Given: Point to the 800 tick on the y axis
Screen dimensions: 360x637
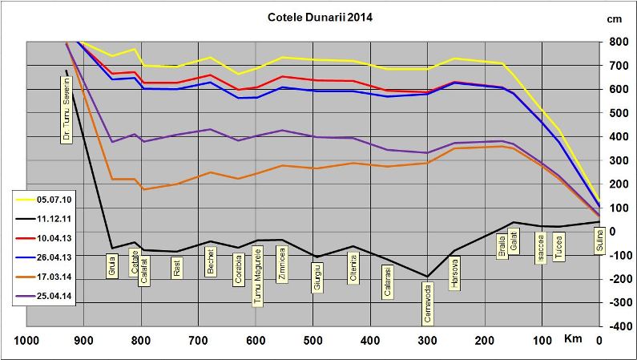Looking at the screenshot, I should pyautogui.click(x=618, y=42).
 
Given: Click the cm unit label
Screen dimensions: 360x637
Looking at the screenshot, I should pyautogui.click(x=615, y=18).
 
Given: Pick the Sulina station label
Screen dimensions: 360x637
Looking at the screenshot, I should pyautogui.click(x=597, y=241).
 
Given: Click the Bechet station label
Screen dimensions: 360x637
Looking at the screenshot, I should pyautogui.click(x=210, y=261).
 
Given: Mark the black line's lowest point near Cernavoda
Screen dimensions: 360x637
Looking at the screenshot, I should pyautogui.click(x=427, y=277).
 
